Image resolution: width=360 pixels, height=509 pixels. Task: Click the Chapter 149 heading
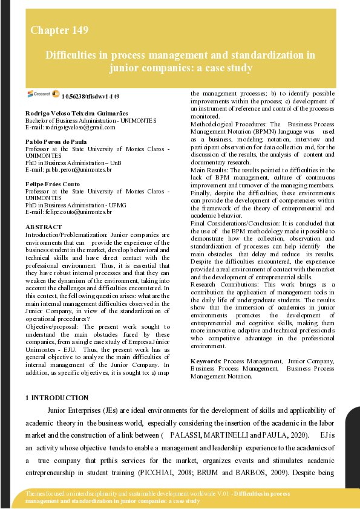(59, 30)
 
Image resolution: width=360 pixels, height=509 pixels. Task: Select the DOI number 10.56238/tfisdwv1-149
(91, 96)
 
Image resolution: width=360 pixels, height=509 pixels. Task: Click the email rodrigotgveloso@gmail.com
(70, 127)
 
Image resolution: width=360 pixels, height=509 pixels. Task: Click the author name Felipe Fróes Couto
(54, 184)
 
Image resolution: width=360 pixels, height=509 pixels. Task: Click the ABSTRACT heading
(43, 226)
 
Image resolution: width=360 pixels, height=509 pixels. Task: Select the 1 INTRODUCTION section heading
(57, 397)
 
